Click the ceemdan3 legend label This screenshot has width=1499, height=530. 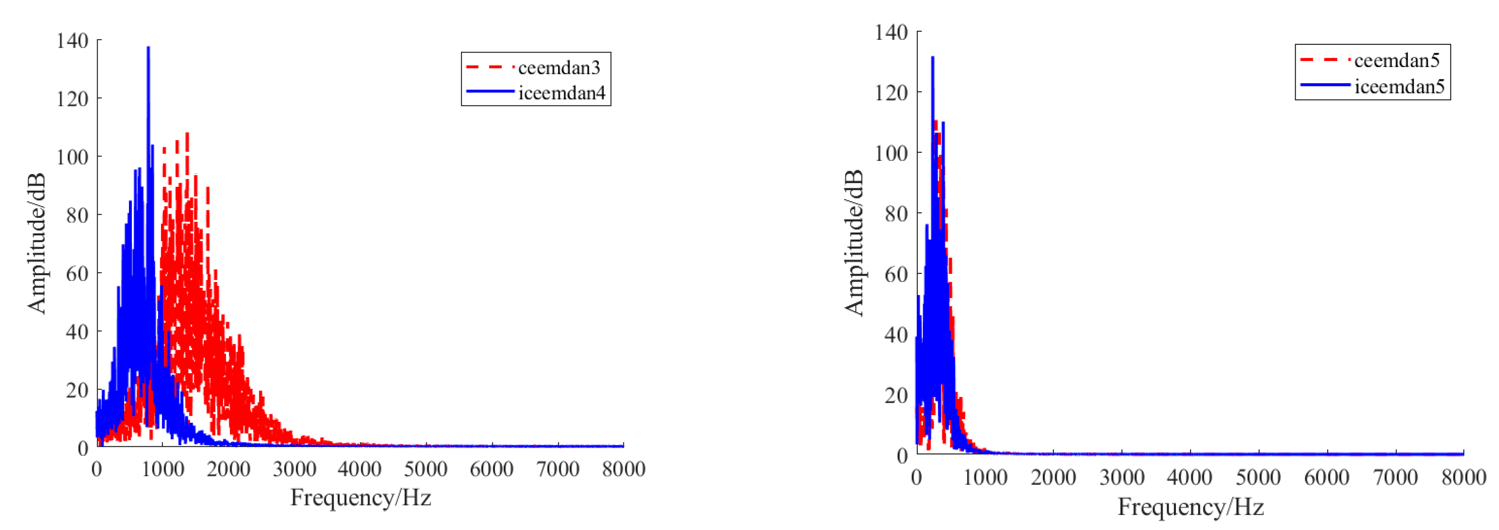click(x=558, y=68)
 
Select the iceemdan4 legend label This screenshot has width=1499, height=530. click(x=562, y=93)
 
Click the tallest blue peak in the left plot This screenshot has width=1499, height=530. click(x=148, y=48)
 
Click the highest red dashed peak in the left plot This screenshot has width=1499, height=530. click(x=187, y=134)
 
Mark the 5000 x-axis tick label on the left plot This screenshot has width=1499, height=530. click(x=426, y=469)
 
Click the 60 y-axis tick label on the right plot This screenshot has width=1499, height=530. click(x=896, y=274)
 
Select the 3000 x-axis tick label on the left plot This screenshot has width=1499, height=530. click(x=294, y=469)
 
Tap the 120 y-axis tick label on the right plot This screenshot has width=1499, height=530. click(x=891, y=93)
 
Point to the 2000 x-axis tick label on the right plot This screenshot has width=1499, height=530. click(x=1053, y=477)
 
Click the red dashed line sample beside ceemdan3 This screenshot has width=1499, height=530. click(x=490, y=68)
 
